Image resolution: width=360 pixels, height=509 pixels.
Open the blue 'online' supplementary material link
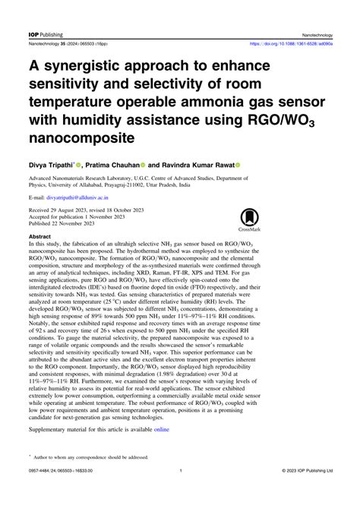pyautogui.click(x=163, y=430)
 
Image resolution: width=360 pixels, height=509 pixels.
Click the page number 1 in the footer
pyautogui.click(x=180, y=492)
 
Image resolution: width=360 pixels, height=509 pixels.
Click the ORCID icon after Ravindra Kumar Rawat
pyautogui.click(x=238, y=164)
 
